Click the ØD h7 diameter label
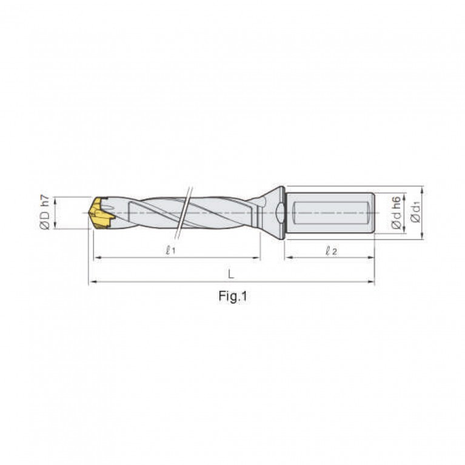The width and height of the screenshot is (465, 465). (45, 212)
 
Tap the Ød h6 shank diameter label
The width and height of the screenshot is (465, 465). (396, 212)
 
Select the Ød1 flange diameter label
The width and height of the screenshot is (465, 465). (415, 212)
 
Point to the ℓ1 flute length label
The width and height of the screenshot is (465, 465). (170, 251)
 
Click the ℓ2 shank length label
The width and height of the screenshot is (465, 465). (331, 251)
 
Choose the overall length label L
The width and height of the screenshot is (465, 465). (231, 274)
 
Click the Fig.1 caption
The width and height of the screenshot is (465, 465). (233, 296)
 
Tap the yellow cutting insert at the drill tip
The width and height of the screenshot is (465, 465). (101, 213)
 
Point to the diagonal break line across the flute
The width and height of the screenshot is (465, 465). (184, 213)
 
